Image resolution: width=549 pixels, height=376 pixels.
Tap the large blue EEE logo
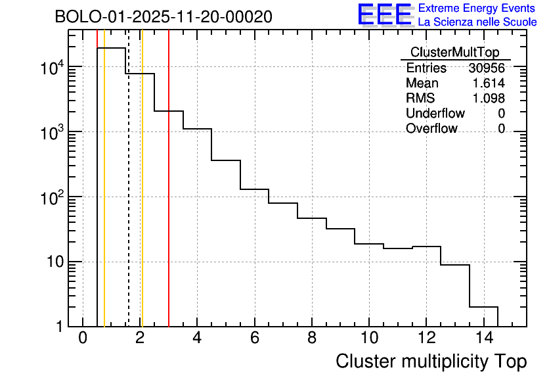(x=384, y=14)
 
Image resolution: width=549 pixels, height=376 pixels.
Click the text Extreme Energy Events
(x=477, y=9)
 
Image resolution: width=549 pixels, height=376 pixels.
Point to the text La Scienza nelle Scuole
(x=477, y=22)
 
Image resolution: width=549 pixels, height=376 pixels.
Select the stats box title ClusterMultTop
(x=454, y=53)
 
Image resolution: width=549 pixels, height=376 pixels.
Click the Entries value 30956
(x=487, y=68)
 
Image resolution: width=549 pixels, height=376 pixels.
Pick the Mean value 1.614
(x=489, y=83)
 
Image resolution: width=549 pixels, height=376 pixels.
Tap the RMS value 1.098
(x=489, y=99)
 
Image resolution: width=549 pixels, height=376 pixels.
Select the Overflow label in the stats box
(x=431, y=129)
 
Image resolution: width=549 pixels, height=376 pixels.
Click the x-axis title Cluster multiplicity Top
(x=431, y=361)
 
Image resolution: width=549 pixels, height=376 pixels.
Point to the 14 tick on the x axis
(x=483, y=338)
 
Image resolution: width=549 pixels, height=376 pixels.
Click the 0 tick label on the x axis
(x=83, y=338)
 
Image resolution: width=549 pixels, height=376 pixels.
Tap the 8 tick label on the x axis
(x=312, y=338)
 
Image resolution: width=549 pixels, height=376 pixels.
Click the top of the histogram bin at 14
(x=483, y=307)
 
